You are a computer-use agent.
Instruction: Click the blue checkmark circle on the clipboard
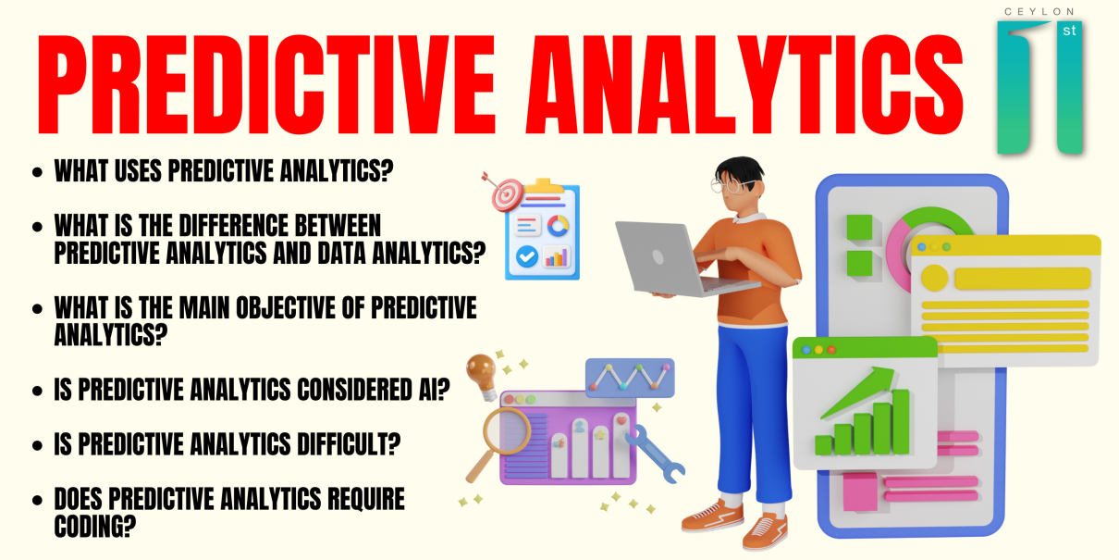(527, 256)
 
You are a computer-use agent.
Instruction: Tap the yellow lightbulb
(481, 375)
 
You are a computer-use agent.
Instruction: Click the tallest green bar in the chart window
(900, 421)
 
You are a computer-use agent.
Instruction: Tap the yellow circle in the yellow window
(934, 278)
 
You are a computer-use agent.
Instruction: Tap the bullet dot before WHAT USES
(37, 172)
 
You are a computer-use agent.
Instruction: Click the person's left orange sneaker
(765, 530)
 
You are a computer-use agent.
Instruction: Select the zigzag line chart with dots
(630, 378)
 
